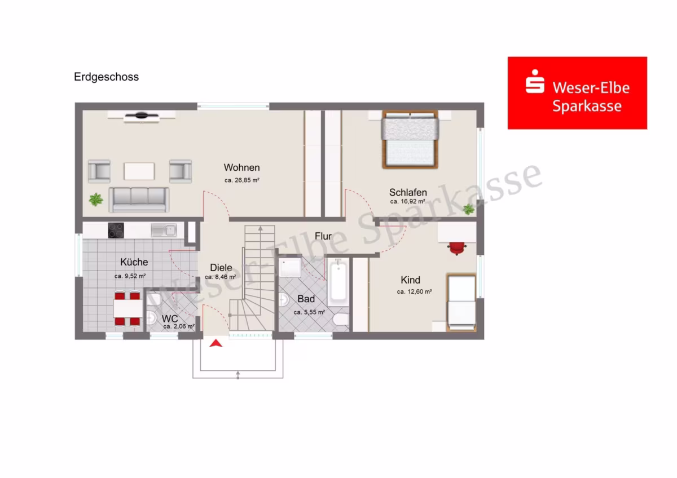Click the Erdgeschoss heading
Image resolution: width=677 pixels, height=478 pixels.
tap(107, 77)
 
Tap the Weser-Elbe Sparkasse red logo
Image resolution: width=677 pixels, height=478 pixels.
tap(577, 93)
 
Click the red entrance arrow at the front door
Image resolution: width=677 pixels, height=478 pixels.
tap(216, 343)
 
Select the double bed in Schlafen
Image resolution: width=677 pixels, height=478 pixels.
tap(410, 139)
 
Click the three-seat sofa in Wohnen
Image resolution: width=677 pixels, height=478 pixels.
tap(139, 200)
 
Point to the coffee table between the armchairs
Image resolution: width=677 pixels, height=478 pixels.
tap(139, 171)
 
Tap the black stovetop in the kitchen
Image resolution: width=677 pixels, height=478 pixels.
tap(116, 231)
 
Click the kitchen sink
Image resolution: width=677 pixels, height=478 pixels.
tap(164, 231)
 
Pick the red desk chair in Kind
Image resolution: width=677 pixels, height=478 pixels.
tap(456, 248)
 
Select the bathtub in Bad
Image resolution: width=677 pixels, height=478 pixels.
tap(338, 282)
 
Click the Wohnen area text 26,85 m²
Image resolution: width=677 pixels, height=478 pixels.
tap(242, 180)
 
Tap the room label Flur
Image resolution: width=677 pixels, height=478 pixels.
tap(323, 236)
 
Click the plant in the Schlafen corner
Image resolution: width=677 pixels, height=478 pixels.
tap(468, 209)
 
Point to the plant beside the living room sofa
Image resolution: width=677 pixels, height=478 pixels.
tap(96, 200)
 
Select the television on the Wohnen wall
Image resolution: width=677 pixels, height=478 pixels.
tap(142, 116)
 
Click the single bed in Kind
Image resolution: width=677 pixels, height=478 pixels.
tap(461, 303)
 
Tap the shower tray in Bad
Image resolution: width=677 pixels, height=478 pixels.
tap(290, 267)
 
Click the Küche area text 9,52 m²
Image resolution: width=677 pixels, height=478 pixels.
tap(130, 276)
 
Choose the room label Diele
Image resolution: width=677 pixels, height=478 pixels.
tap(221, 268)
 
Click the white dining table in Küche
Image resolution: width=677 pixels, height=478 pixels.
tap(128, 308)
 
